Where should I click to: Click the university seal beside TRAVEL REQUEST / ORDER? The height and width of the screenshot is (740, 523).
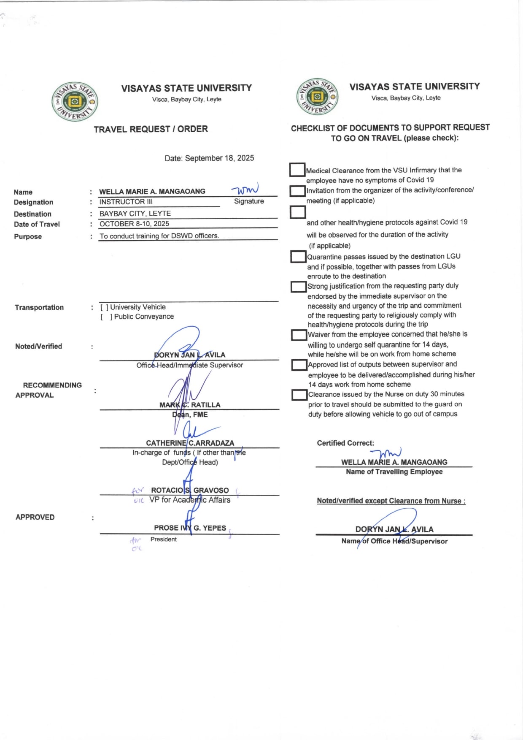click(75, 102)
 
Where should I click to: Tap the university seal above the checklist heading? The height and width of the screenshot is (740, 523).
click(318, 97)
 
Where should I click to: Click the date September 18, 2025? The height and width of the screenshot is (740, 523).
click(219, 158)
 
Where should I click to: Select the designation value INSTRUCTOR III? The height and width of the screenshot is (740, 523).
click(126, 202)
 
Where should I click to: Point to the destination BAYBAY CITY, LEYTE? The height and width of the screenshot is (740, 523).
click(135, 214)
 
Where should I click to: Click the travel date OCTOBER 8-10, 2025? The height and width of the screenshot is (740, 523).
click(134, 224)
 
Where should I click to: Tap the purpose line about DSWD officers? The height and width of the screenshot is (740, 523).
click(159, 236)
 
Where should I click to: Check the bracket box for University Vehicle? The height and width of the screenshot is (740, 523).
click(104, 307)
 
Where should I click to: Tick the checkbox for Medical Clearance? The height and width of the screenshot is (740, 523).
click(297, 170)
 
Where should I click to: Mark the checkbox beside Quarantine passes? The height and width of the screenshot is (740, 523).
click(298, 257)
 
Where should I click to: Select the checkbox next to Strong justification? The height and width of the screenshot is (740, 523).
click(298, 287)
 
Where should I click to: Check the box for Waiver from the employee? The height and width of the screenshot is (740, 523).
click(299, 335)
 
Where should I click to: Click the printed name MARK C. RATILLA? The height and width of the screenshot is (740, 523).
click(190, 405)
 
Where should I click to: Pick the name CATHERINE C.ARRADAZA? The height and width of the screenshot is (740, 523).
click(190, 443)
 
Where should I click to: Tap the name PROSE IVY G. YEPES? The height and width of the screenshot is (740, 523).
click(190, 528)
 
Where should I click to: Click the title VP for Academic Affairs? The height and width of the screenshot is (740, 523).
click(190, 500)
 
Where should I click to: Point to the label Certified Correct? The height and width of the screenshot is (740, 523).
click(345, 443)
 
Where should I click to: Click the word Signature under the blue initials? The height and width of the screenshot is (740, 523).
click(249, 201)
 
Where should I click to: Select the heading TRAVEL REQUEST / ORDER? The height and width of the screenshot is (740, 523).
click(151, 129)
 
